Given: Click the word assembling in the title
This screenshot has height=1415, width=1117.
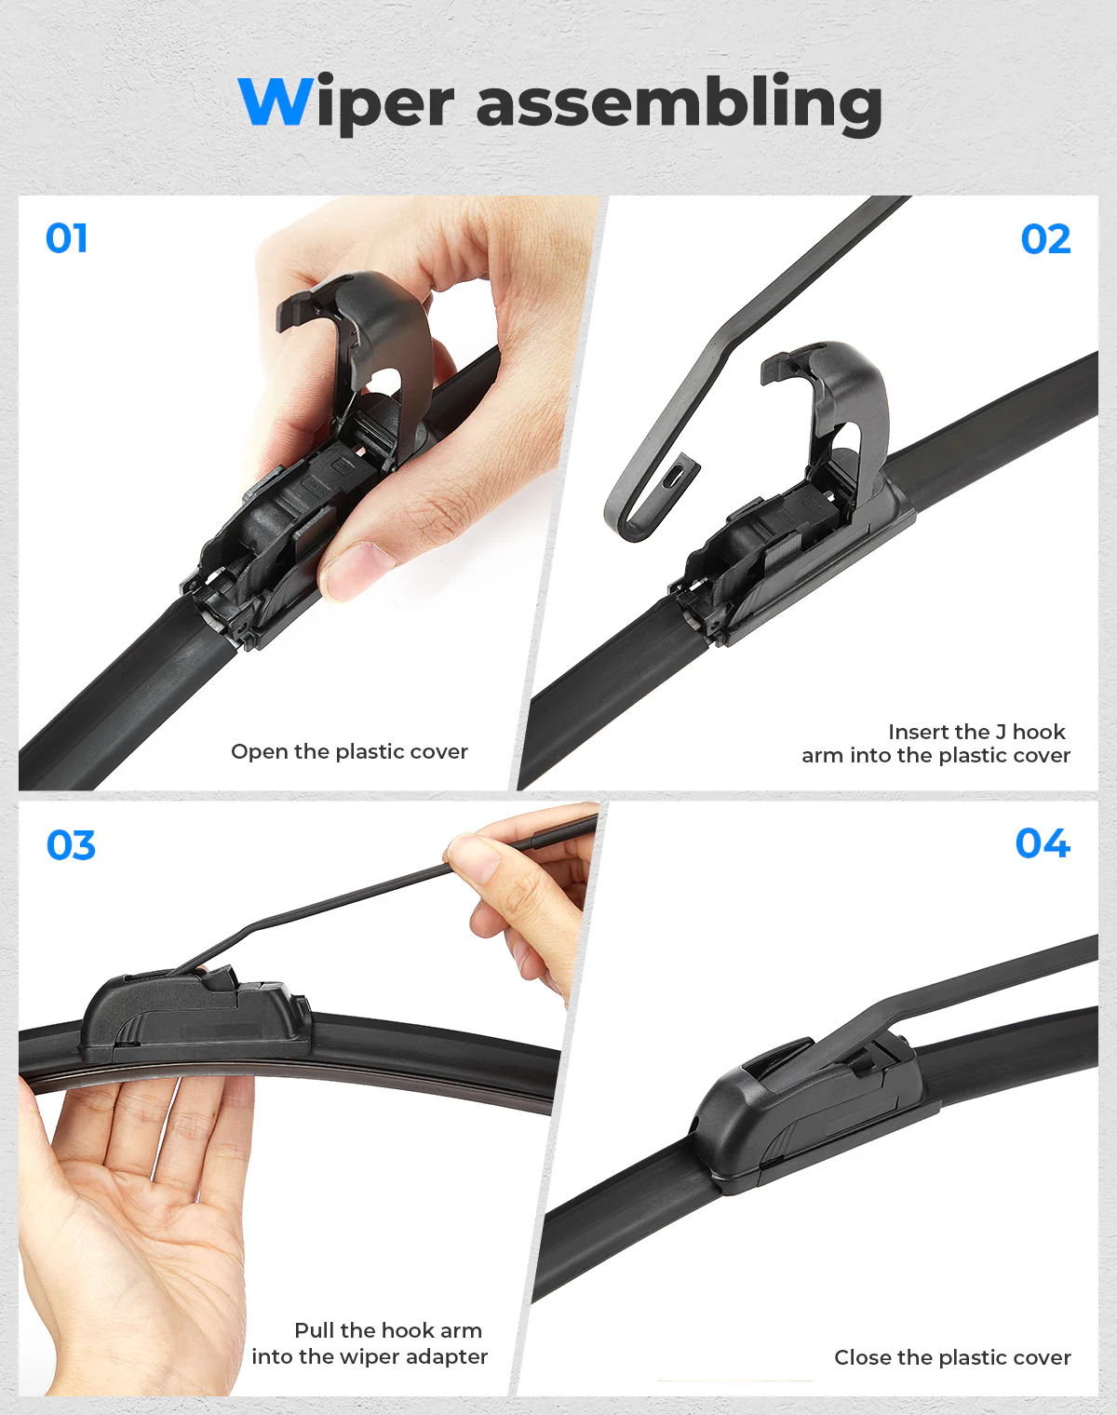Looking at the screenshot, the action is pos(680,104).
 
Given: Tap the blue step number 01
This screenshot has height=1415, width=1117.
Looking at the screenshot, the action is pos(66,238).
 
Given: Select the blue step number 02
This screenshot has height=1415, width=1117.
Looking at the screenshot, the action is pos(1045,238).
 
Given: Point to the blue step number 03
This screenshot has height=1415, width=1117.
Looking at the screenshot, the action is pos(71,845).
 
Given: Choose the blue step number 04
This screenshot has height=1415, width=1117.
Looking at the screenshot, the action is pos(1043,843).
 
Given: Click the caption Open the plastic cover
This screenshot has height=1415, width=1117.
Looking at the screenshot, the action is pos(349,751).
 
